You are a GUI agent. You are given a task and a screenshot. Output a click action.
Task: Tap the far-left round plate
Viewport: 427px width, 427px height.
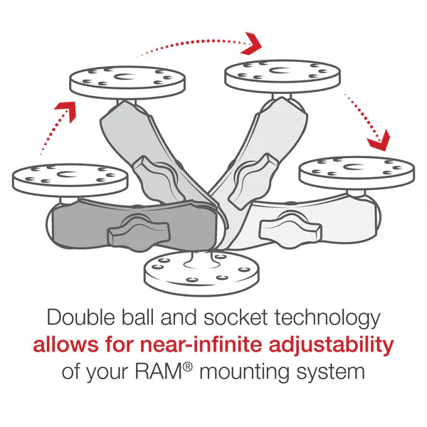(70, 178)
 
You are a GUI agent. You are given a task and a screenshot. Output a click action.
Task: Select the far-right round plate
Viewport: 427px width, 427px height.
(356, 173)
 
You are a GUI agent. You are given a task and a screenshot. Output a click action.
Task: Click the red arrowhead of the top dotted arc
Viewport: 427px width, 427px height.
(251, 43)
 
